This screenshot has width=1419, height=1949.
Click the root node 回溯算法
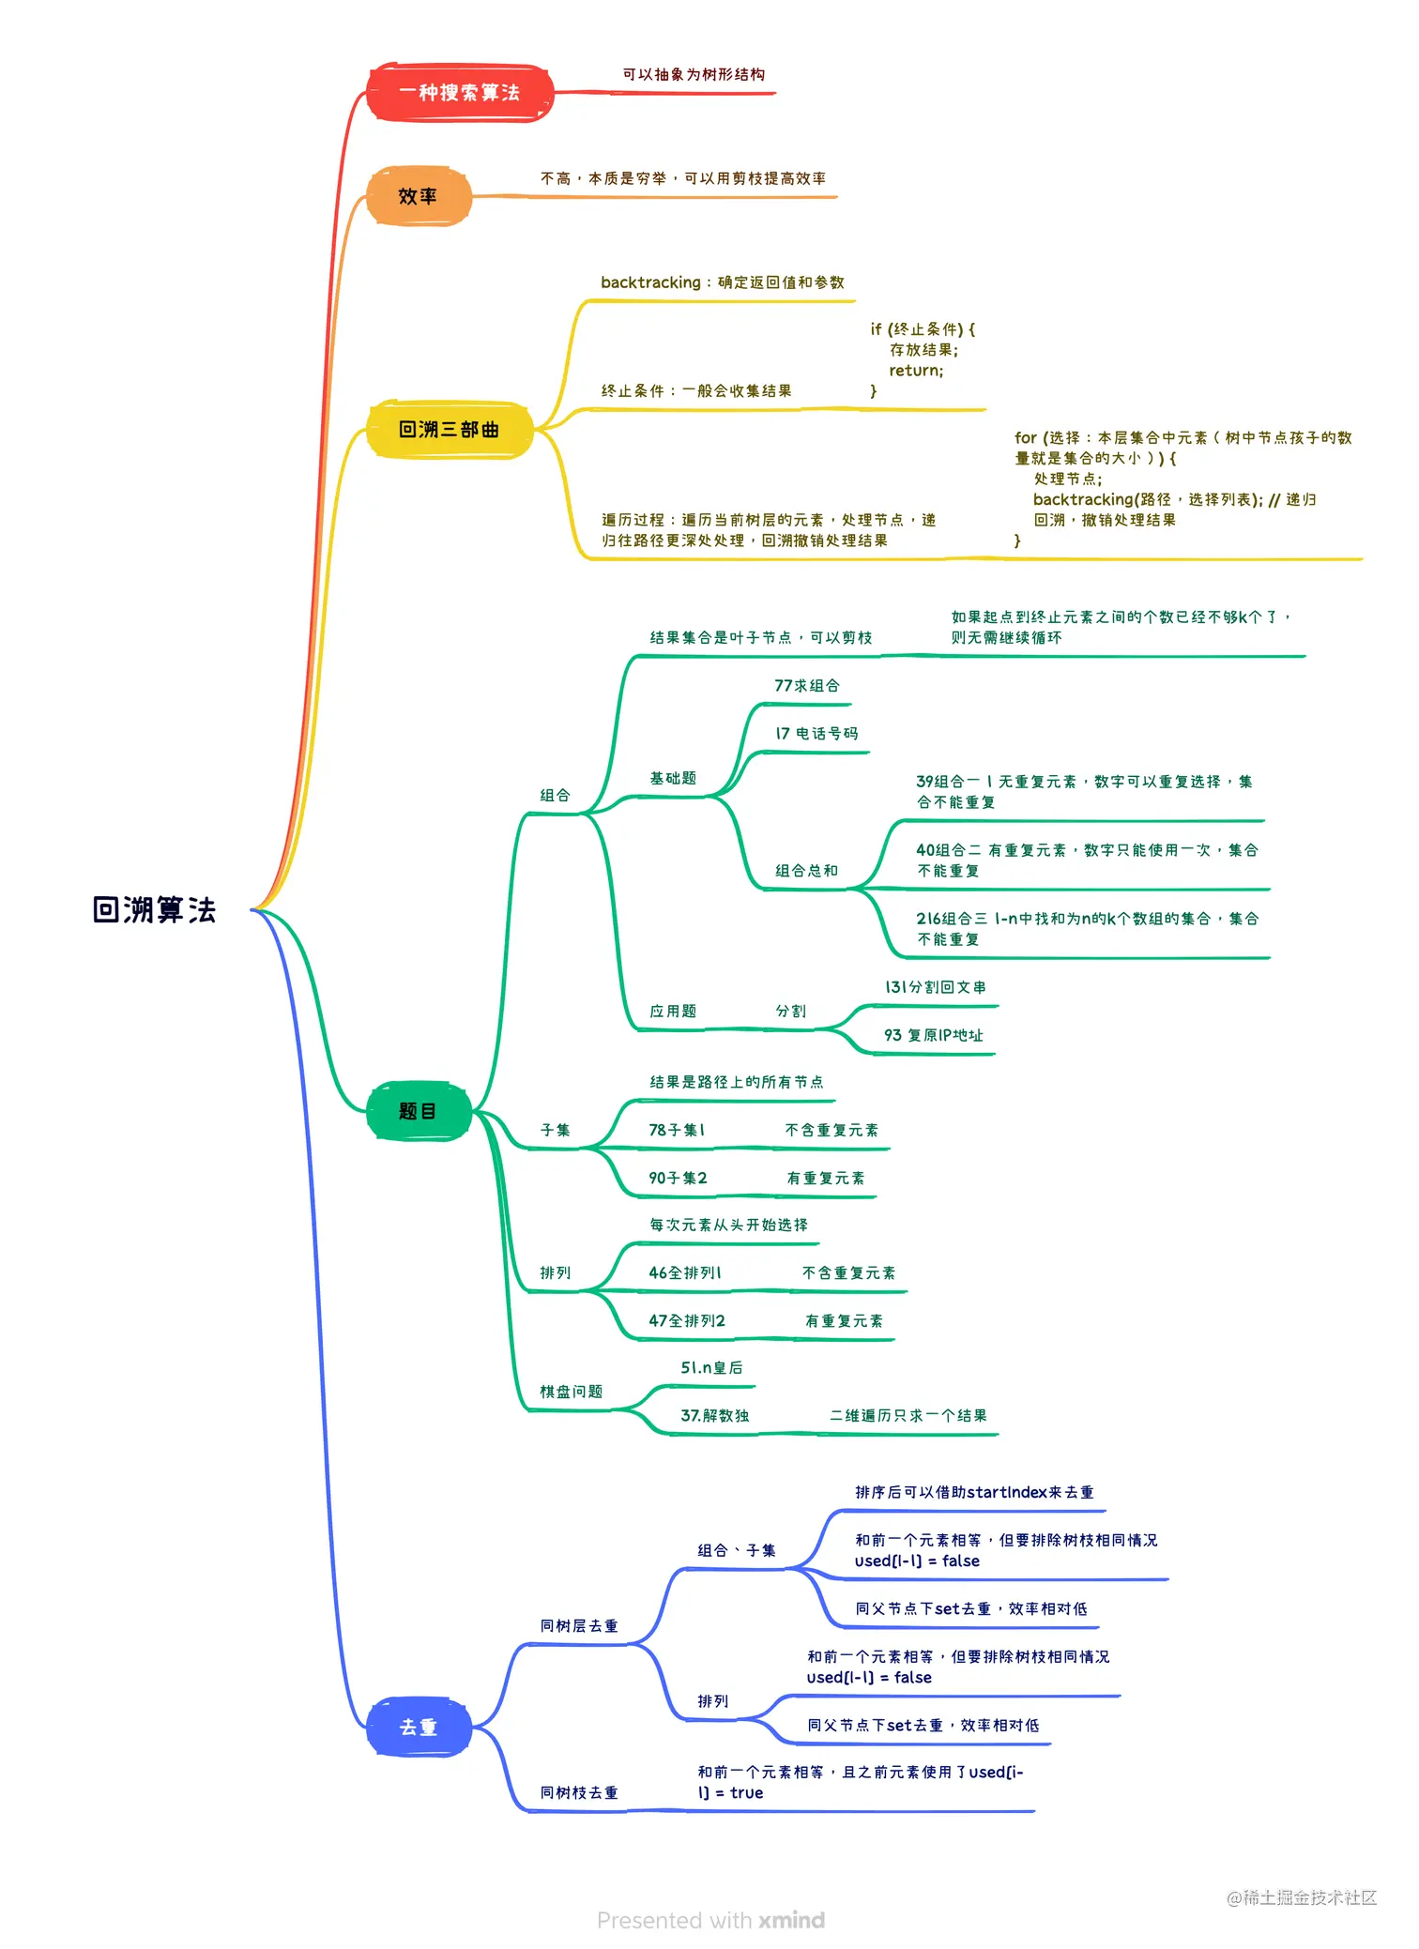(x=154, y=909)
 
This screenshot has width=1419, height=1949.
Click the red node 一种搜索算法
(x=459, y=93)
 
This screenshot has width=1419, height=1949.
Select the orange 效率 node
(x=418, y=196)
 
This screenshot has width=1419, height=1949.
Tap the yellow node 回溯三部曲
(x=449, y=430)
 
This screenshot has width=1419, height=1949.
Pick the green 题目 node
(x=418, y=1111)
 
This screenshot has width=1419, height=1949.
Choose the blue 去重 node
(x=418, y=1727)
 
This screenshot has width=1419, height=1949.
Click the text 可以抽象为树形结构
(x=694, y=74)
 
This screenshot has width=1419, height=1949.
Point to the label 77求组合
(x=807, y=686)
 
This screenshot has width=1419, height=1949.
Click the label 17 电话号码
(x=816, y=734)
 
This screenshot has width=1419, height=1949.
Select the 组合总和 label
(x=806, y=871)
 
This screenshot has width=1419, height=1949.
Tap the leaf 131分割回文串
(x=935, y=987)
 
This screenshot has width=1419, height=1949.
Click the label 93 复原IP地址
(x=933, y=1035)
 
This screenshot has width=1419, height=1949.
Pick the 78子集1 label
(x=677, y=1130)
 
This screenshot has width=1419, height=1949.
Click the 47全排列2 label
(x=687, y=1320)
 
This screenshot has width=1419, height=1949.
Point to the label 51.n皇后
(x=711, y=1368)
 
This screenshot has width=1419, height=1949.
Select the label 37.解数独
(x=714, y=1415)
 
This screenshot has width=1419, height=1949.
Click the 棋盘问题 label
(x=571, y=1392)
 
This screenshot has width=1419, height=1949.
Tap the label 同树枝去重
(x=579, y=1792)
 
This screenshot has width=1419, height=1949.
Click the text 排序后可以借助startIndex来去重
(x=974, y=1492)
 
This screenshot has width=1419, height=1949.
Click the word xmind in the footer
(x=791, y=1920)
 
